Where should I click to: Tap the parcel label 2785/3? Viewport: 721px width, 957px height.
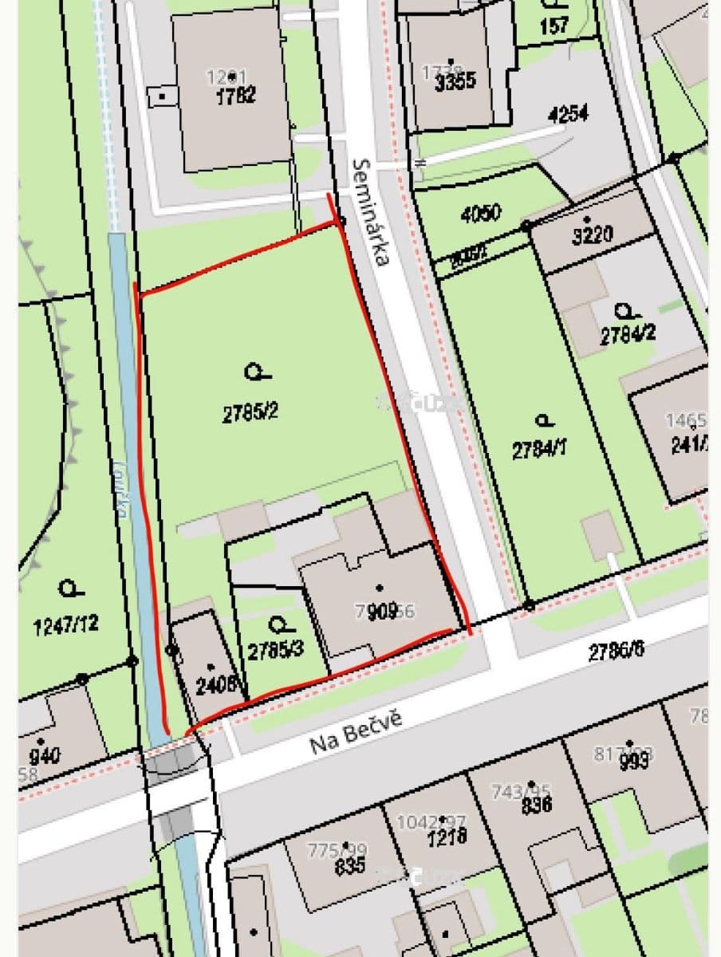tap(275, 650)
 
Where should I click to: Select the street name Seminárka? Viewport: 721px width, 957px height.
tap(372, 212)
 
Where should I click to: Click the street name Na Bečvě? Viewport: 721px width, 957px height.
tap(355, 731)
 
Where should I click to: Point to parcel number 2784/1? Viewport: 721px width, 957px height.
tap(540, 450)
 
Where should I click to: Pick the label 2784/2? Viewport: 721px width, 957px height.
tap(628, 335)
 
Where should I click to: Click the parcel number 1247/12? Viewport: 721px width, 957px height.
tap(66, 624)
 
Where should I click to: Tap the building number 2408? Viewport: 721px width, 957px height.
tap(215, 683)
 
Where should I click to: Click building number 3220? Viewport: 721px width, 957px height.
tap(593, 234)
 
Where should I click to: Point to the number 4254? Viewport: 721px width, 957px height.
tap(568, 114)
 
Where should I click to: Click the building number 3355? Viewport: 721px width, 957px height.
tap(455, 81)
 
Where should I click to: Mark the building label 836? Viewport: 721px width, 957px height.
tap(537, 805)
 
